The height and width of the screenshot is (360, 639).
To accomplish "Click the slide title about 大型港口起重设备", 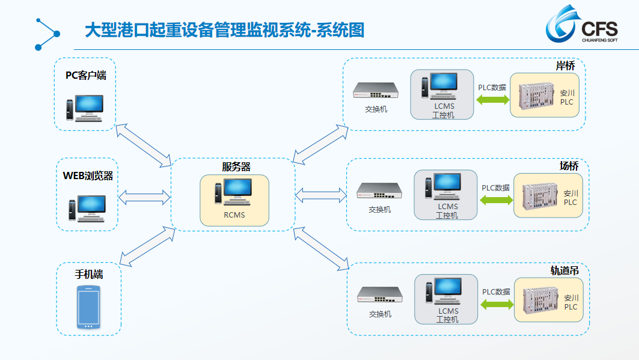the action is pyautogui.click(x=225, y=30).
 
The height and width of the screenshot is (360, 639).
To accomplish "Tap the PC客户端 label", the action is pyautogui.click(x=85, y=75).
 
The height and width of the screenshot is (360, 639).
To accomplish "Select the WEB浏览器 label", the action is pyautogui.click(x=88, y=176).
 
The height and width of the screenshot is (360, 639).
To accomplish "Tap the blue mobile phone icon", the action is pyautogui.click(x=88, y=307).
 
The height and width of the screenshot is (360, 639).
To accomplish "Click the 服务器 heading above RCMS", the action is pyautogui.click(x=236, y=166).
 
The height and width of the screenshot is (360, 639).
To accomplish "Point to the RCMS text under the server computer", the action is pyautogui.click(x=234, y=215).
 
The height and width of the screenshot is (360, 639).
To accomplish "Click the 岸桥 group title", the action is pyautogui.click(x=565, y=66).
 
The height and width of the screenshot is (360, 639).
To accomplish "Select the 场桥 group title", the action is pyautogui.click(x=569, y=166).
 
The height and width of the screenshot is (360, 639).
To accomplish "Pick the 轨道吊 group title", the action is pyautogui.click(x=564, y=270).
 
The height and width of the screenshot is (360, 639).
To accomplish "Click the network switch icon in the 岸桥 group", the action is pyautogui.click(x=375, y=90).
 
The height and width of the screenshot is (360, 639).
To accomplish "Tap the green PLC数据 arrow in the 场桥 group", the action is pyautogui.click(x=497, y=200).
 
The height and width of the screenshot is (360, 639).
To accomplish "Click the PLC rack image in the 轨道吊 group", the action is pyautogui.click(x=540, y=301).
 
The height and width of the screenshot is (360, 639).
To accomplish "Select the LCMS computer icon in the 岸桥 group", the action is pyautogui.click(x=439, y=86).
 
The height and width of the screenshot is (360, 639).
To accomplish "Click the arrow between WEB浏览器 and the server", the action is pyautogui.click(x=144, y=197).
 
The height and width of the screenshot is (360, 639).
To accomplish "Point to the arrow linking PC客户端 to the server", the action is pyautogui.click(x=143, y=145).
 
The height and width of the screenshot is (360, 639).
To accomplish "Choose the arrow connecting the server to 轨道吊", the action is pyautogui.click(x=321, y=248).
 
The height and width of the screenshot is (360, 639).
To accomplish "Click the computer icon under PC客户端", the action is pyautogui.click(x=85, y=108).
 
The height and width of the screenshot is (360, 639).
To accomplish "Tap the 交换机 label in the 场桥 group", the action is pyautogui.click(x=379, y=210).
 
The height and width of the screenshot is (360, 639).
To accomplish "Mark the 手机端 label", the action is pyautogui.click(x=89, y=274).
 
